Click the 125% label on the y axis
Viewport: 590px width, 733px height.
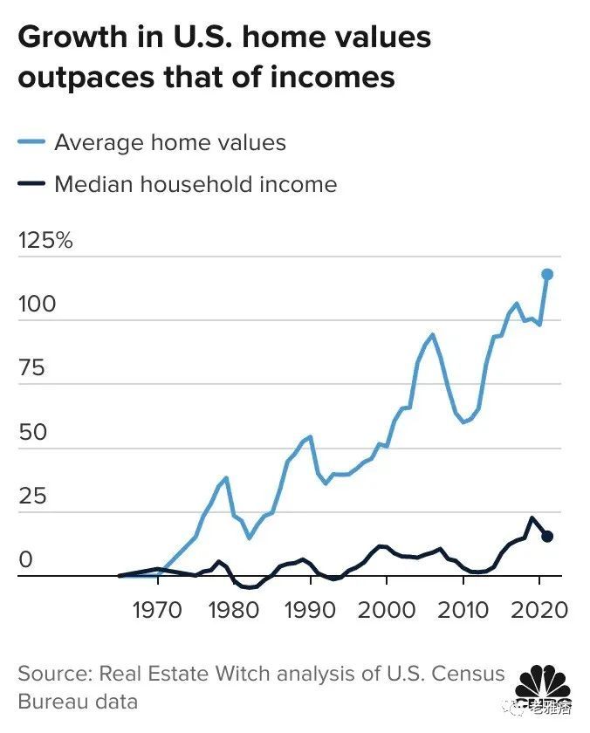45,241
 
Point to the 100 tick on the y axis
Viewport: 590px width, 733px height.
37,305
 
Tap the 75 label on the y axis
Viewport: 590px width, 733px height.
31,368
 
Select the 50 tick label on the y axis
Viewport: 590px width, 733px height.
31,432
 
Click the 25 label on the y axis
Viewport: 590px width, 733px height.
31,496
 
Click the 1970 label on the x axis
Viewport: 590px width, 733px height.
157,608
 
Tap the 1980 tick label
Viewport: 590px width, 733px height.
233,608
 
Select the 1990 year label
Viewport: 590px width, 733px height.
310,608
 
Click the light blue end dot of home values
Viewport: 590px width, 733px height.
547,274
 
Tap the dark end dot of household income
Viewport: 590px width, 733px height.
547,536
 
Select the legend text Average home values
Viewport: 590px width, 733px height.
170,142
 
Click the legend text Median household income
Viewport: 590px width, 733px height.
196,184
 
